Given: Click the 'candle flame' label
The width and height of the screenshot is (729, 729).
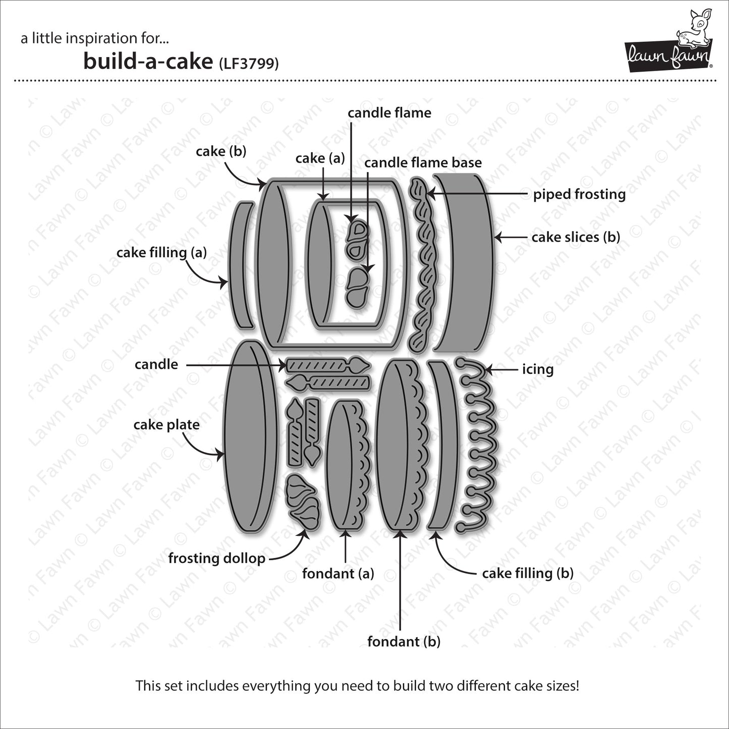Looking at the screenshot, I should pos(389,113).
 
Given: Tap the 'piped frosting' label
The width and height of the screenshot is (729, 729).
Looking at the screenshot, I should pos(579,194).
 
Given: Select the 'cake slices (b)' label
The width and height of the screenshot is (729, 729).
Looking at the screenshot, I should pos(576,237).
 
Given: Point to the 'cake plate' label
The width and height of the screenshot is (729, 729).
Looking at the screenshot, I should pos(166,425).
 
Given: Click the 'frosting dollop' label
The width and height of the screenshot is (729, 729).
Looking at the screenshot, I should pos(216,558).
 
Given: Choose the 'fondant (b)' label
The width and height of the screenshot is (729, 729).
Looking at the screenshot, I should pos(404,641).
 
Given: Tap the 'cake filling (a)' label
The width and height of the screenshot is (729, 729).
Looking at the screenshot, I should pos(161,252).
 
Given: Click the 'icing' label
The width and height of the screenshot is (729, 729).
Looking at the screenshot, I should pos(538,369).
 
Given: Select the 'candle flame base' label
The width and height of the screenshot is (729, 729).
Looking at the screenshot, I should pos(423,162).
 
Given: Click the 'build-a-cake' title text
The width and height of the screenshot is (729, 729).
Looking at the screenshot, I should pos(148,62).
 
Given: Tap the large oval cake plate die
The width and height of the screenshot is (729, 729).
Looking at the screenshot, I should pos(250,436).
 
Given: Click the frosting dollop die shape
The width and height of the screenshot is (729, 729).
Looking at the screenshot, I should pos(303,502).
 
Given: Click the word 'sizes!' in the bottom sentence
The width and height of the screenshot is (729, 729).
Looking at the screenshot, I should pos(560,686).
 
